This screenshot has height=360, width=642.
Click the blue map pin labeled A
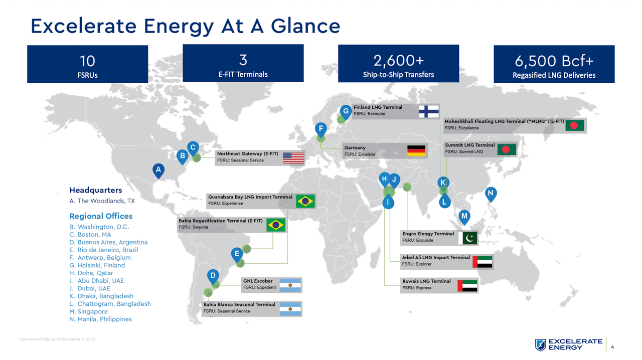[158, 170]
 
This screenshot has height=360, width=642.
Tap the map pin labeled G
[345, 111]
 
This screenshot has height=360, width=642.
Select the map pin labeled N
[491, 194]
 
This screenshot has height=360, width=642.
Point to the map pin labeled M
[464, 217]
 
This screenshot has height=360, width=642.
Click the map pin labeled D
[213, 276]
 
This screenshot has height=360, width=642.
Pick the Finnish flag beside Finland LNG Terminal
[428, 111]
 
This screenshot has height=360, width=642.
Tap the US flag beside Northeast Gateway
[293, 157]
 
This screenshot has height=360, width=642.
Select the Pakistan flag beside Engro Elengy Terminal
[468, 238]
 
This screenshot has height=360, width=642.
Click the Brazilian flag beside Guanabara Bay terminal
[305, 201]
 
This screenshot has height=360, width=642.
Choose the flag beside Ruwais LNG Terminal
[467, 285]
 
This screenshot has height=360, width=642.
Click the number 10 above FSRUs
[87, 61]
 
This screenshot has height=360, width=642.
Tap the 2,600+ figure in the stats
[398, 61]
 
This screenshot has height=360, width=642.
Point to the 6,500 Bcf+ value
[554, 61]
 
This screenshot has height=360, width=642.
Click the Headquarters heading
[96, 191]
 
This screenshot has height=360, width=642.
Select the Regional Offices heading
[101, 216]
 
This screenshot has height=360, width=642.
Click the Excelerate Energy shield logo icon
[541, 345]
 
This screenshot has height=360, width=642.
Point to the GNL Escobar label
[257, 281]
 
